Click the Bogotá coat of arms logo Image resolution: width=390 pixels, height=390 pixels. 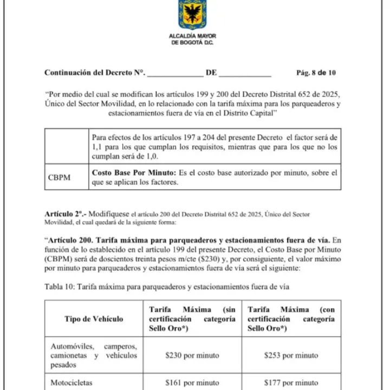[x=192, y=14]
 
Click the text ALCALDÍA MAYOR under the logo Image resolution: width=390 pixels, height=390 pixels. [x=192, y=36]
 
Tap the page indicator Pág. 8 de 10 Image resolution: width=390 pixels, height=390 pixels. [x=316, y=72]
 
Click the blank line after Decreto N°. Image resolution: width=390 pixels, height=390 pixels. [x=175, y=74]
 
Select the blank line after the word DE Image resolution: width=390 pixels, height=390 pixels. [x=245, y=74]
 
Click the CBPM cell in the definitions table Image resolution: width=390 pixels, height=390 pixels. [x=59, y=177]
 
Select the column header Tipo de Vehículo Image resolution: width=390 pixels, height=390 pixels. [x=94, y=319]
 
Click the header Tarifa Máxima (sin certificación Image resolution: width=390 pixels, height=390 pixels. [x=192, y=319]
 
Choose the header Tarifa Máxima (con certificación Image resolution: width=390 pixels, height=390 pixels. [x=291, y=319]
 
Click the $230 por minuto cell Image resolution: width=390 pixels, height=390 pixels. [x=192, y=355]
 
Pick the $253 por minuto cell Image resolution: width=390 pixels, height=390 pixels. [x=291, y=355]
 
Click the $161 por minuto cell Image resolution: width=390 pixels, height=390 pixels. [x=192, y=382]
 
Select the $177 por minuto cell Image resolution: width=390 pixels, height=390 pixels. [x=291, y=382]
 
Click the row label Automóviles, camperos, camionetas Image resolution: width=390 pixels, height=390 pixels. [x=94, y=355]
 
